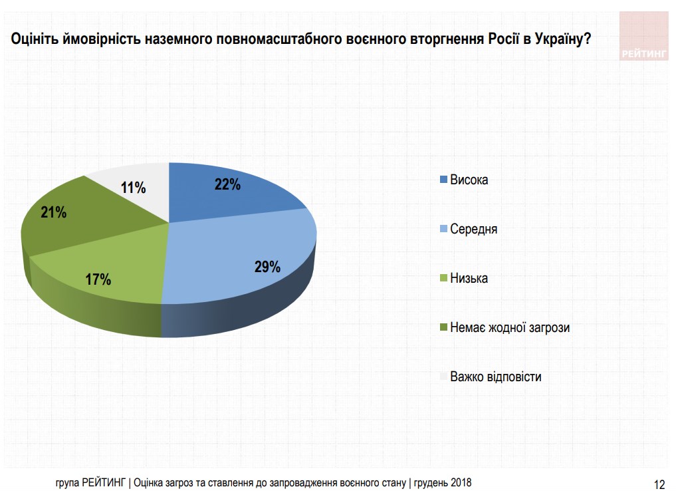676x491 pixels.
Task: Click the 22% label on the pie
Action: pos(227,185)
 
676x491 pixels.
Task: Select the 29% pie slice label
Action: pos(267,267)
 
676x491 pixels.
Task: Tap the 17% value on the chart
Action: pos(98,279)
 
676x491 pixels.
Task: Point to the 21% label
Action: pos(53,213)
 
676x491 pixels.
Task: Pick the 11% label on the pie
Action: pos(133,188)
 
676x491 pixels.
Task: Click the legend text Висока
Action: pos(469,180)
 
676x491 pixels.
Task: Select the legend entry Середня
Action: pos(473,229)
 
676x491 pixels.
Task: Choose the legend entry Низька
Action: pos(469,278)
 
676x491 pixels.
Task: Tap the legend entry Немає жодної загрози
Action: pos(510,327)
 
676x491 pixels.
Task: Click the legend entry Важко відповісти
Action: pos(495,377)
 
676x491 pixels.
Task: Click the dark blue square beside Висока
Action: pos(443,180)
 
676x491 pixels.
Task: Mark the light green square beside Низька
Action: pos(443,279)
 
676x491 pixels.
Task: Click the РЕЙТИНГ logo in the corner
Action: pos(643,37)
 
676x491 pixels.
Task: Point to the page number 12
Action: pos(659,484)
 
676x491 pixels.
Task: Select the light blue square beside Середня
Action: pos(443,230)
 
